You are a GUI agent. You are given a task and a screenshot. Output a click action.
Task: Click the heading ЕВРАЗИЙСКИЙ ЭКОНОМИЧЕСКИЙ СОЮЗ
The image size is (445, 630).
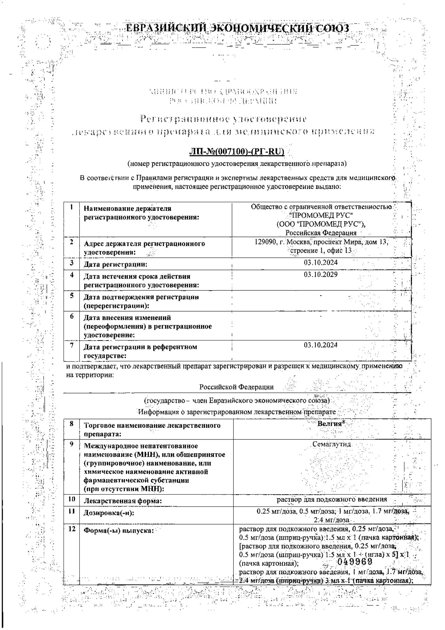(237, 28)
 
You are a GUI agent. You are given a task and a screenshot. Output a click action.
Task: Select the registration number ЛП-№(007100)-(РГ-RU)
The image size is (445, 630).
(237, 152)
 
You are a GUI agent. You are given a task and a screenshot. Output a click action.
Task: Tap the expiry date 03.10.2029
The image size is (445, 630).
(320, 275)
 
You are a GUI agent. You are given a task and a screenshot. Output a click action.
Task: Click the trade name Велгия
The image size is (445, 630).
(330, 424)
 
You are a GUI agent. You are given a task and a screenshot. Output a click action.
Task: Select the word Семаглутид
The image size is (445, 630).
(331, 444)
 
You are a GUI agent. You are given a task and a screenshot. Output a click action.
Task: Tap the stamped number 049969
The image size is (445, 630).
(355, 562)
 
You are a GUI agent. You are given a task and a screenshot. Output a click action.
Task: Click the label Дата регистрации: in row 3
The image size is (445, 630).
(115, 264)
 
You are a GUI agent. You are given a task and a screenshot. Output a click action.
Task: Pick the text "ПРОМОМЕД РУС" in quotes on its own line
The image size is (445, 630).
(321, 215)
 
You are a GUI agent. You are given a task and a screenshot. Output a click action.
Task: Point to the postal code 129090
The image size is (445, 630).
(264, 242)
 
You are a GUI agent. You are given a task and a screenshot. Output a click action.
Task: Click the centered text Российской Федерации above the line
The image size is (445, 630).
(236, 387)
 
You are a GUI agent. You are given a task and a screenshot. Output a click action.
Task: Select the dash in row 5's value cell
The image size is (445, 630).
(320, 295)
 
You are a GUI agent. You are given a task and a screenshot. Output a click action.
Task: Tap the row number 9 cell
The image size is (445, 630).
(72, 444)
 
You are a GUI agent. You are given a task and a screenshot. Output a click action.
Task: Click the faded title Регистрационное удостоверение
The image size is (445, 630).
(223, 119)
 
